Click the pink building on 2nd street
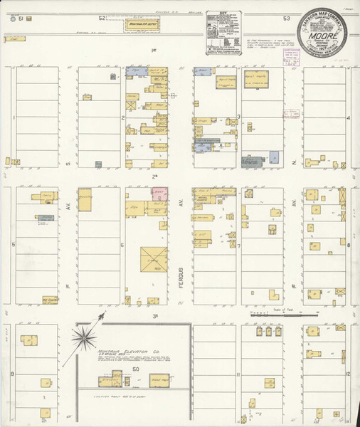coord(158,193)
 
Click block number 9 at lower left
coord(12,372)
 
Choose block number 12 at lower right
coord(348,373)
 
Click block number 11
coord(239,373)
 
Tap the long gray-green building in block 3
coord(253,160)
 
